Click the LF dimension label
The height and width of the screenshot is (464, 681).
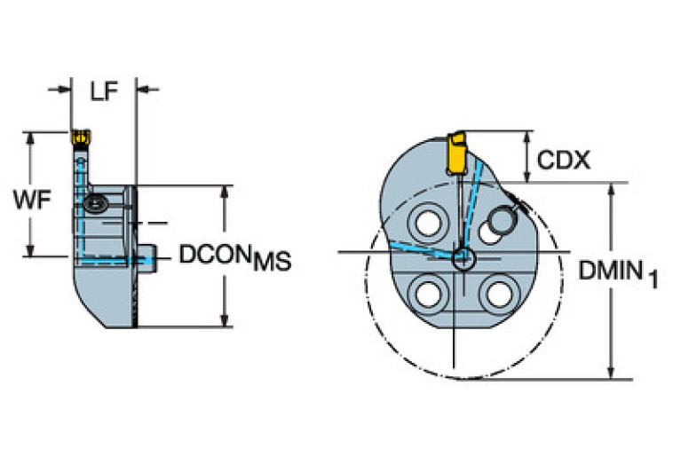104,90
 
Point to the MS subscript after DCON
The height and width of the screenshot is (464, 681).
272,262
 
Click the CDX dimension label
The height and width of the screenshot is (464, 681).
565,160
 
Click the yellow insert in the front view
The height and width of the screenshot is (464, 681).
457,153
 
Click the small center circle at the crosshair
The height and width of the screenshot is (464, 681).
463,258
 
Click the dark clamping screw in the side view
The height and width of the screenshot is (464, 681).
95,205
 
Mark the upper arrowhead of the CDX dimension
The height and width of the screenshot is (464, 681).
529,138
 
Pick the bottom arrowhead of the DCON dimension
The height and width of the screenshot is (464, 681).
225,320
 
